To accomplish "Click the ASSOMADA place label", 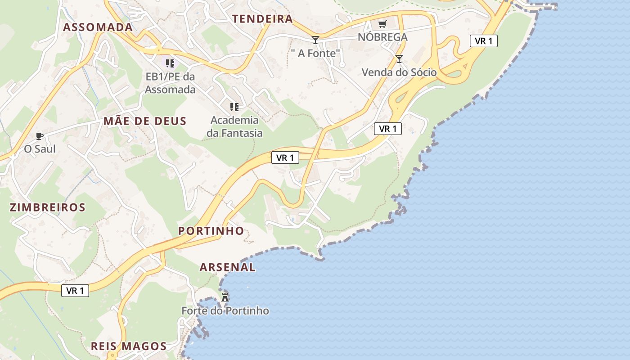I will click(98, 27).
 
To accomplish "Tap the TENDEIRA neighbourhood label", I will click(262, 19).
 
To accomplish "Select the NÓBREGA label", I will click(382, 37).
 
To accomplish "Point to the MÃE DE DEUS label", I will click(145, 121).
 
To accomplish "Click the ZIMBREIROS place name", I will click(48, 207).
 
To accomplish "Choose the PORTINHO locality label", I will click(211, 231).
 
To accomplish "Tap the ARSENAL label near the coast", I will click(228, 267).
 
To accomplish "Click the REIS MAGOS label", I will click(129, 346).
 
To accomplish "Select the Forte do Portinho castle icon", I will click(225, 297).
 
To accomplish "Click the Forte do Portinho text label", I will click(225, 311).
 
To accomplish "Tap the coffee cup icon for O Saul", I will click(40, 135).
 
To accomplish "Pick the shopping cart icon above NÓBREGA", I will click(382, 24).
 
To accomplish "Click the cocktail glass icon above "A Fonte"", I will click(315, 40).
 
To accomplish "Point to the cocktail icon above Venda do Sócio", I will click(399, 58).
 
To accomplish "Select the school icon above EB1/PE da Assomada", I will click(170, 63).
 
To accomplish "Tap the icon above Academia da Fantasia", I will click(234, 107).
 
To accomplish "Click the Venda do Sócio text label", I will click(399, 72).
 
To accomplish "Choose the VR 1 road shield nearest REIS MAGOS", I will click(75, 291).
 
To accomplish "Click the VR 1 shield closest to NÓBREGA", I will click(484, 41).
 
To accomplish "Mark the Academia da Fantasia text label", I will click(234, 126).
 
